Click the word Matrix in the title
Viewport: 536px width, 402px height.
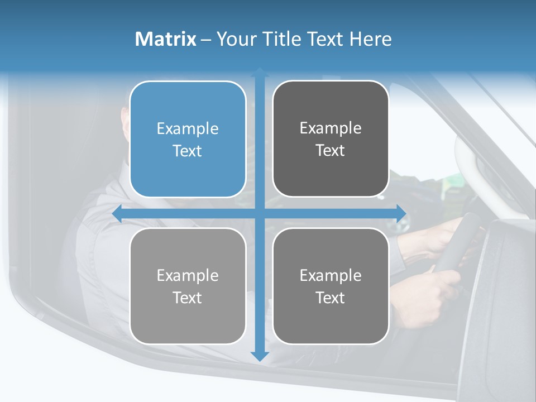click(x=166, y=39)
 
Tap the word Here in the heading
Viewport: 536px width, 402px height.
click(x=370, y=39)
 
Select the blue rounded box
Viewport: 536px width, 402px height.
click(x=188, y=140)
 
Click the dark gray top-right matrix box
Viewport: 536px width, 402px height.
click(x=331, y=139)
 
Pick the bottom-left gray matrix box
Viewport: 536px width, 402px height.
click(x=188, y=286)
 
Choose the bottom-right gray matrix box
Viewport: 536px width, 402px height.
click(x=331, y=286)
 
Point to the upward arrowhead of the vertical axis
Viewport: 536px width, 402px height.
click(x=260, y=73)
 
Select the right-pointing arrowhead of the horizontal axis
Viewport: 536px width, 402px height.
click(x=401, y=213)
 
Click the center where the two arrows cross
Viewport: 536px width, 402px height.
click(x=260, y=213)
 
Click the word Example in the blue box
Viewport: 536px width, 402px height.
click(x=188, y=129)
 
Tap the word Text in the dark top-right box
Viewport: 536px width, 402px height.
click(x=331, y=151)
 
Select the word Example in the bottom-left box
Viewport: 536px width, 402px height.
click(x=188, y=275)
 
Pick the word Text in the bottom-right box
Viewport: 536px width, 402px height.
click(x=331, y=298)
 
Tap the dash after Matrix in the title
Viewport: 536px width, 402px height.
click(x=206, y=40)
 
